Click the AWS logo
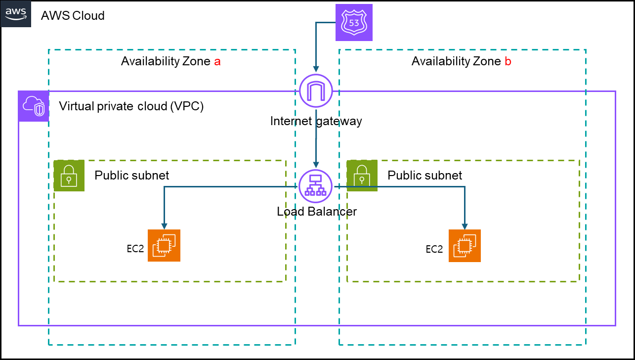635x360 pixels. [x=15, y=13]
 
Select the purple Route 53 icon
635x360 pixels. [x=354, y=22]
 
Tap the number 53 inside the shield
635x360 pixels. [x=354, y=23]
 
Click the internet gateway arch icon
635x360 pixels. [x=316, y=90]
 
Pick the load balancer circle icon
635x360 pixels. [x=316, y=186]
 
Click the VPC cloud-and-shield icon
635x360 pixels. [x=34, y=106]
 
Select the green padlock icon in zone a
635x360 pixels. [x=69, y=176]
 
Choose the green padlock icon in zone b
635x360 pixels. [x=362, y=176]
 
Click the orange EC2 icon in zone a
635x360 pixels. [x=164, y=245]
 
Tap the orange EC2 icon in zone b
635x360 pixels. [x=465, y=245]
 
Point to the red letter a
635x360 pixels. [x=217, y=62]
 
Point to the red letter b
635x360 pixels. [x=508, y=61]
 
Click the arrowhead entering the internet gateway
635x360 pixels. [x=316, y=69]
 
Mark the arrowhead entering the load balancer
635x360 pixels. [x=316, y=165]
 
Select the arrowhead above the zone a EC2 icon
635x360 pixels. [x=164, y=226]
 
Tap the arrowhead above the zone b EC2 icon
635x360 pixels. [x=465, y=226]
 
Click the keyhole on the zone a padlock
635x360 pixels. [x=69, y=179]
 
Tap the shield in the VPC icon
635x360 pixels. [x=40, y=110]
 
